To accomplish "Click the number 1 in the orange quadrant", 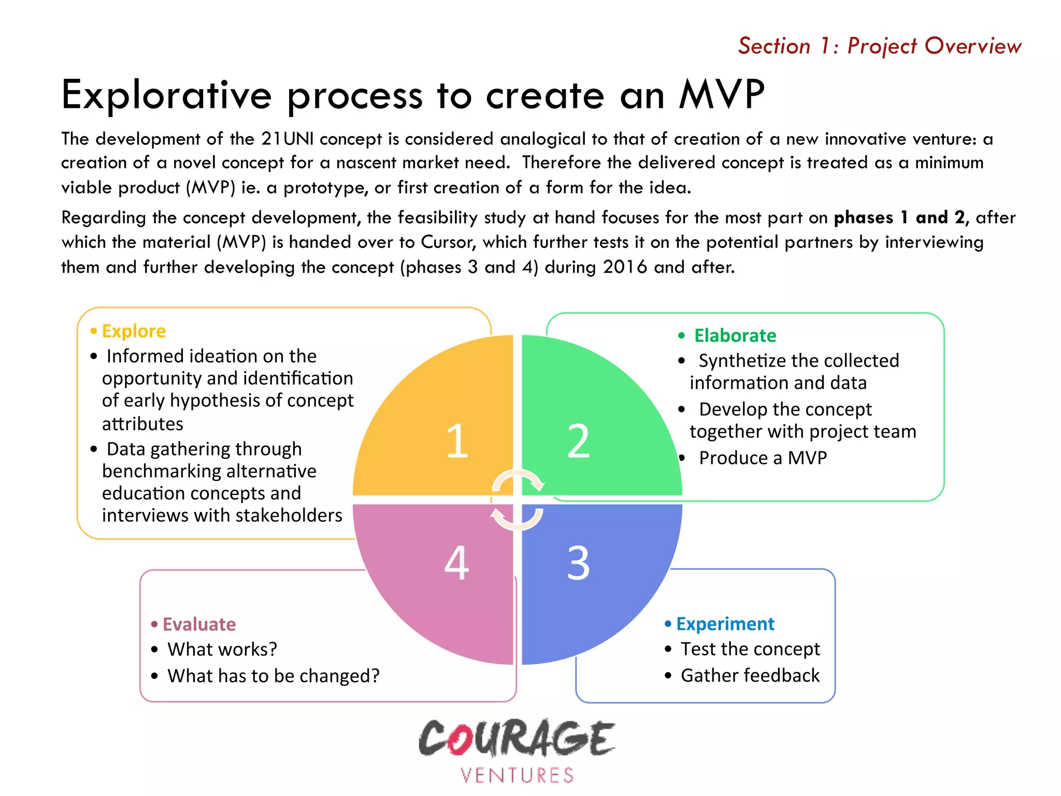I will [x=457, y=441].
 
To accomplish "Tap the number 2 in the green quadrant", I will [x=579, y=441].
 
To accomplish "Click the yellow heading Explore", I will [x=134, y=331].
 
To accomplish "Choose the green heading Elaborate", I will [x=735, y=336].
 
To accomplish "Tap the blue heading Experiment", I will [x=725, y=624].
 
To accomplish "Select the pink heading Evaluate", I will [x=199, y=624].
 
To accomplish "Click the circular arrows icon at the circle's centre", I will [x=518, y=500].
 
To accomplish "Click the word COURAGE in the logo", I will [x=517, y=738].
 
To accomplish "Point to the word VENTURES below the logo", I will [x=517, y=775].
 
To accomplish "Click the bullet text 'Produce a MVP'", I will [x=762, y=458].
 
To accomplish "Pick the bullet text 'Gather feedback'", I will [x=750, y=676].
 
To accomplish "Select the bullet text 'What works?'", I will [x=222, y=649].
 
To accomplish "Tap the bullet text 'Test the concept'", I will [x=750, y=649].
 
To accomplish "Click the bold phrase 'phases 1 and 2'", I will [x=900, y=218].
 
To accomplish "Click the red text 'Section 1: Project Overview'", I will [x=880, y=46].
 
